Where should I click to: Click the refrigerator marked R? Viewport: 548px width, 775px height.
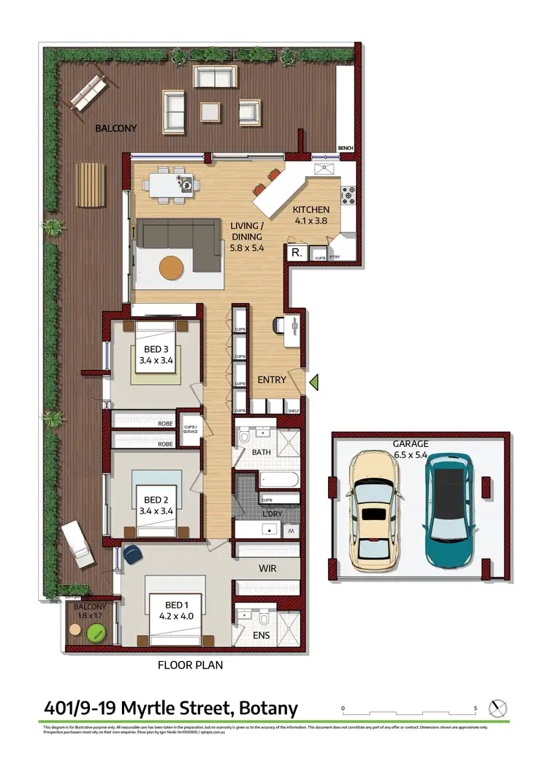point(297,253)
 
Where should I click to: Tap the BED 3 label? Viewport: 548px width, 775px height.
point(155,349)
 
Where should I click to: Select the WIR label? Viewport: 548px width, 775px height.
point(265,567)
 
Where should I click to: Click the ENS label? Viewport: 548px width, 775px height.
point(261,635)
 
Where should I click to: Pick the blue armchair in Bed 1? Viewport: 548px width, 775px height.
point(133,555)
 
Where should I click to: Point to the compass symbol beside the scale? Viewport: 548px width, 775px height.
point(498,708)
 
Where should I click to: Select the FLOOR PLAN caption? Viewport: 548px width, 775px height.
point(191,665)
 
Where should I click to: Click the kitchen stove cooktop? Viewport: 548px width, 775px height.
point(348,195)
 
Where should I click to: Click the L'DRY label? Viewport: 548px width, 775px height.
point(272,516)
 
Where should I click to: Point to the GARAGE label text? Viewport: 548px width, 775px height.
point(410,443)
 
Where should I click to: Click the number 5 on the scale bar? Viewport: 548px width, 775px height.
point(476,709)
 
